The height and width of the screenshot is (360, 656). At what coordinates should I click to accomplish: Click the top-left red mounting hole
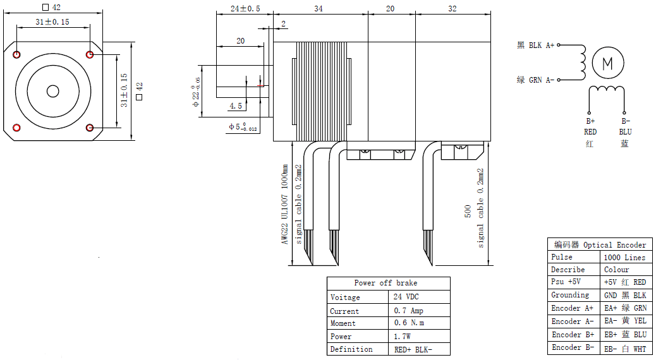click(x=16, y=55)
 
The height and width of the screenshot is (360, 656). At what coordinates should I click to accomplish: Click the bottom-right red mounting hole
click(x=90, y=128)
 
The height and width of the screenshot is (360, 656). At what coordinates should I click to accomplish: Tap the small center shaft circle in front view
click(x=53, y=91)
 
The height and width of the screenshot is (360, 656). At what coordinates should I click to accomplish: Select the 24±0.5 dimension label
click(x=245, y=8)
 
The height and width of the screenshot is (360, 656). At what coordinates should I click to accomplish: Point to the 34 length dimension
click(x=319, y=8)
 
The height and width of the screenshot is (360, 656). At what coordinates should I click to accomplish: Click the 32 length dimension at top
click(x=453, y=8)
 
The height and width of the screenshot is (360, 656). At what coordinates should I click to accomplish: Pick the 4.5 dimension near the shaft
click(x=236, y=105)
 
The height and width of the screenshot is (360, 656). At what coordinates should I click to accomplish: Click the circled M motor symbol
click(x=608, y=63)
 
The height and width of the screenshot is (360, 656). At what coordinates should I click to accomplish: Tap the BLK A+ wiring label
click(x=542, y=45)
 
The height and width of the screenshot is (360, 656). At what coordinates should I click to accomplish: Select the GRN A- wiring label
click(x=542, y=80)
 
